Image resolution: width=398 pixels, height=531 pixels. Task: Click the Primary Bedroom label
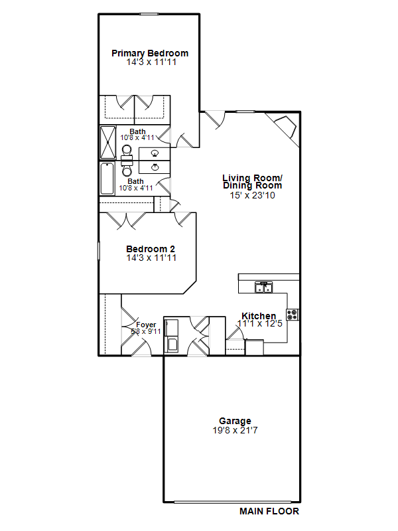[x=150, y=54]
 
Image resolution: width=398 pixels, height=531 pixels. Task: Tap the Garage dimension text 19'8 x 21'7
[x=235, y=430]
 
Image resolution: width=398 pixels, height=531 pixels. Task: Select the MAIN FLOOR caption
[x=269, y=511]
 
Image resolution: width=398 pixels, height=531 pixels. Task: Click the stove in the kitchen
[x=293, y=315]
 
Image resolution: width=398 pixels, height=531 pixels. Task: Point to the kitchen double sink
[x=263, y=287]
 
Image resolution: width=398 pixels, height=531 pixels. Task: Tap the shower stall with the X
[x=108, y=142]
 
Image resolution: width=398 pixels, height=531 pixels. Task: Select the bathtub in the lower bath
[x=107, y=179]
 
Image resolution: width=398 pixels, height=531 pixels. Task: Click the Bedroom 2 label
[x=151, y=250]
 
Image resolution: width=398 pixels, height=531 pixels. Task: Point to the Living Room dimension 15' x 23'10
[x=253, y=195]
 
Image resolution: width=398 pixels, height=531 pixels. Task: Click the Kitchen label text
[x=259, y=316]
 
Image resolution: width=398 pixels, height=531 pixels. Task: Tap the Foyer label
[x=146, y=325]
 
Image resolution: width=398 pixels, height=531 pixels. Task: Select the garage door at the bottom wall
[x=233, y=502]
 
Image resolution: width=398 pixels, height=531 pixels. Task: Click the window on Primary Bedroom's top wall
[x=149, y=14]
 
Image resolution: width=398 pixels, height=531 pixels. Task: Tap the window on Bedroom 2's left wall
[x=99, y=251]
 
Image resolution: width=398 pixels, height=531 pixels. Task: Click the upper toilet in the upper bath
[x=127, y=151]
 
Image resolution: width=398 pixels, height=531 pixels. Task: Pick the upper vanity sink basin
[x=155, y=153]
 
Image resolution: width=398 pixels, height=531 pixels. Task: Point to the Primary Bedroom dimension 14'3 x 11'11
[x=151, y=62]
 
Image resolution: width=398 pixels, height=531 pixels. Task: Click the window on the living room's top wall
[x=245, y=112]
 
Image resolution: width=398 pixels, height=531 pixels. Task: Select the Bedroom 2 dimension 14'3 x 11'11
[x=151, y=258]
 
